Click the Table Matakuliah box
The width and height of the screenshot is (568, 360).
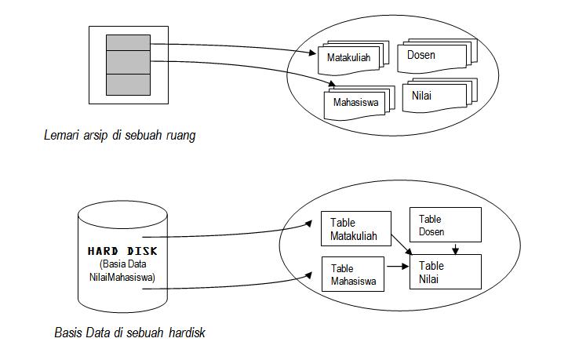point(355,229)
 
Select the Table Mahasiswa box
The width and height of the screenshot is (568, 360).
point(354,275)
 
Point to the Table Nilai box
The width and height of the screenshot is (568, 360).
point(444,271)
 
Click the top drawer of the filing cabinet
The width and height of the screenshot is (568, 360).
point(128,42)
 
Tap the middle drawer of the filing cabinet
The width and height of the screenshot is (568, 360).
point(128,61)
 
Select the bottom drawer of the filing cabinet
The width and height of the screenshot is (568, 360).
point(128,83)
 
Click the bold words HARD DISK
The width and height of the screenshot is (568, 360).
point(122,251)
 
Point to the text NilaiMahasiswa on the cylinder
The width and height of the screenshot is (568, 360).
point(122,277)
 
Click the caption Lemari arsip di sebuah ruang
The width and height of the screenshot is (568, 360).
point(119,136)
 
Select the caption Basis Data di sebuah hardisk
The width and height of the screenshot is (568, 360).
point(129,333)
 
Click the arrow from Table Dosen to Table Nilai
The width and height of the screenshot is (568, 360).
point(457,249)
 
